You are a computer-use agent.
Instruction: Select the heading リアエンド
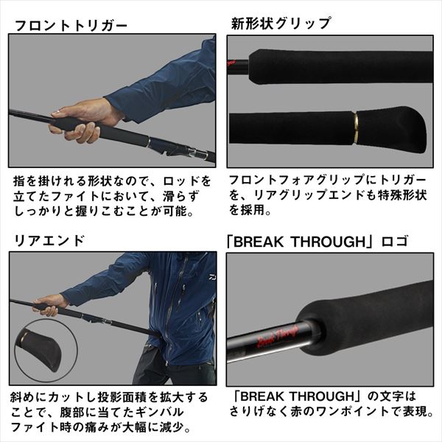49,240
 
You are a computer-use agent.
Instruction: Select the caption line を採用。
250,212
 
